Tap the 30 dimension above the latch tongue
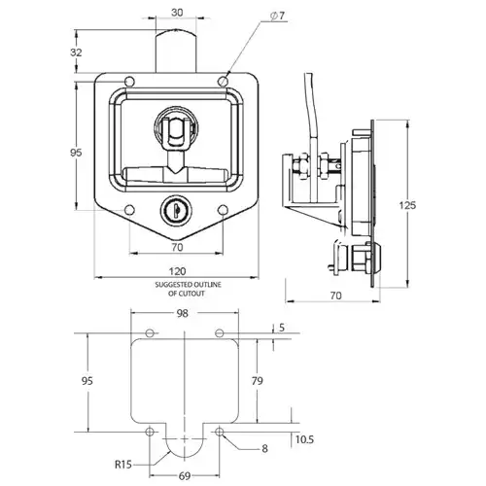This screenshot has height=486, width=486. click(x=177, y=13)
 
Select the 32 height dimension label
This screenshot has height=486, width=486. click(x=76, y=52)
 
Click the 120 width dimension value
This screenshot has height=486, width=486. click(x=177, y=271)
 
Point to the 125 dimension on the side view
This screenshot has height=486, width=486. click(x=407, y=205)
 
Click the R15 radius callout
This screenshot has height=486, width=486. click(x=123, y=465)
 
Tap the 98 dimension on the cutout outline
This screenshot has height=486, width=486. click(x=183, y=313)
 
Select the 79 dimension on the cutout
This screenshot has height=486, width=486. click(x=257, y=381)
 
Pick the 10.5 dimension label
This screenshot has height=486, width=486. click(x=304, y=439)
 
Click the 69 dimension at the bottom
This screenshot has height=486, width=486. click(x=185, y=476)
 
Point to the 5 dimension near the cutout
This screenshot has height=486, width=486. click(x=282, y=328)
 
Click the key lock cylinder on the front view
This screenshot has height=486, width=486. click(x=176, y=211)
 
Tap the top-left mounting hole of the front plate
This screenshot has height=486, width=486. click(x=129, y=82)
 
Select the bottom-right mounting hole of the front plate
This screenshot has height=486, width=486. click(x=223, y=210)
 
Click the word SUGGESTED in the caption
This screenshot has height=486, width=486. click(x=171, y=285)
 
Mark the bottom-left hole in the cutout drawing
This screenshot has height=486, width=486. click(x=150, y=432)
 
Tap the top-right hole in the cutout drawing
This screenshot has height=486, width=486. click(x=220, y=333)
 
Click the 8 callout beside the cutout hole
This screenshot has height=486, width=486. click(x=264, y=448)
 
